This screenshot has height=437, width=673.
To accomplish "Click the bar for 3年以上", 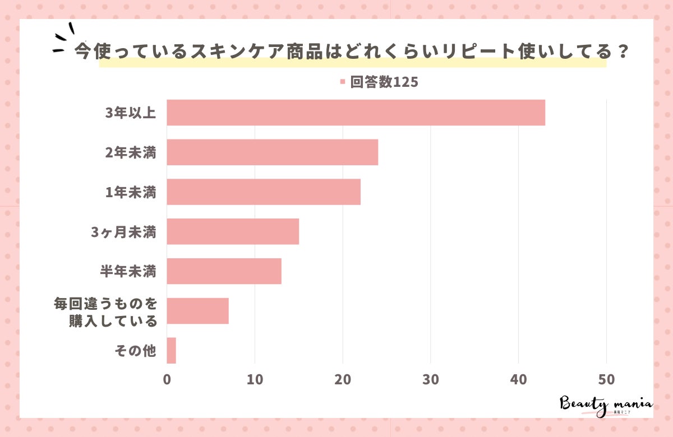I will (x=356, y=113).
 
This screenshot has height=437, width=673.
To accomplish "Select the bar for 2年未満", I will (x=272, y=152).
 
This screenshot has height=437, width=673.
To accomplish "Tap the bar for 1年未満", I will (x=264, y=192).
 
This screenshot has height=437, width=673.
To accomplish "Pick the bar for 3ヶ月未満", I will (x=233, y=231).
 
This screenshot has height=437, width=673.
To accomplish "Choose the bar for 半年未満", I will (x=224, y=271).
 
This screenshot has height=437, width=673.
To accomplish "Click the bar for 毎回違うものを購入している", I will (x=197, y=311).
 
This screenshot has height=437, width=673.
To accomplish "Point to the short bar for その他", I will (x=171, y=350).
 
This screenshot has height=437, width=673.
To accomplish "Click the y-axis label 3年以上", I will (x=131, y=113).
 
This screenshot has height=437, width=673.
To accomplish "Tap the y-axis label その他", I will (x=134, y=351).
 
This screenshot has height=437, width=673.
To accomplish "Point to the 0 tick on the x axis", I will (x=167, y=379).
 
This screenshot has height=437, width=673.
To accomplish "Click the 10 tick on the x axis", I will (x=255, y=379).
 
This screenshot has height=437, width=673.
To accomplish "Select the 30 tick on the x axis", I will (x=431, y=379).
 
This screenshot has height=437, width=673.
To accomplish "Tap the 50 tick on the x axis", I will (x=606, y=379).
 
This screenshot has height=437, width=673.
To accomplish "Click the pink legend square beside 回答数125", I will (x=342, y=82).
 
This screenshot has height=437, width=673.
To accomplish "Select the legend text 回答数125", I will (x=385, y=82).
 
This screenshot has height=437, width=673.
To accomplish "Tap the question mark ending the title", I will (x=620, y=52).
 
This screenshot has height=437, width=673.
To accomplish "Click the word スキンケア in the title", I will (x=239, y=52).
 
